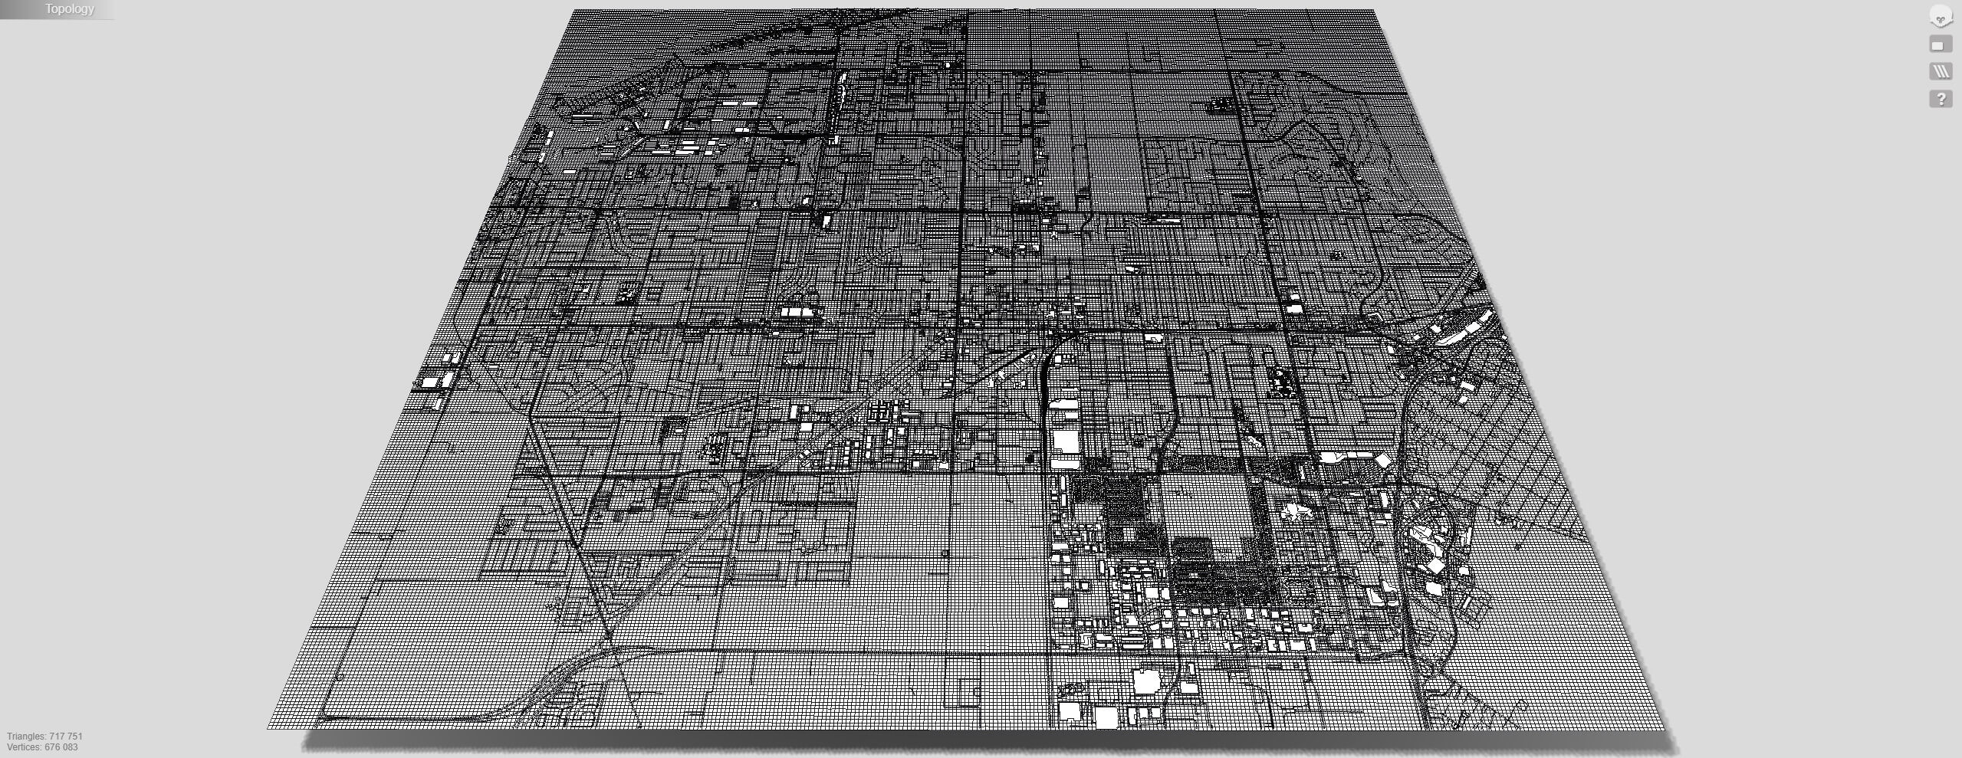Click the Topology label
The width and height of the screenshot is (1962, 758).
(x=69, y=9)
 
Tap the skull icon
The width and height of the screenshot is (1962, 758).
(x=1941, y=17)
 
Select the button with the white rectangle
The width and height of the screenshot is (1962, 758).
(x=1941, y=45)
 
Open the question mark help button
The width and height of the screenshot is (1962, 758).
(x=1941, y=99)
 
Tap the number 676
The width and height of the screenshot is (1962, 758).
(x=53, y=747)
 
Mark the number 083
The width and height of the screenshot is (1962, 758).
(x=70, y=747)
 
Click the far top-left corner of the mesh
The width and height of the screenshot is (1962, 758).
(x=575, y=11)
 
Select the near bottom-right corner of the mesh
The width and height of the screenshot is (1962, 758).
(x=1665, y=728)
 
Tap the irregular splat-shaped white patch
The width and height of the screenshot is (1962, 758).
(x=1293, y=511)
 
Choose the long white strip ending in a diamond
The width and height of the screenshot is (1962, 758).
(x=1353, y=458)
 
